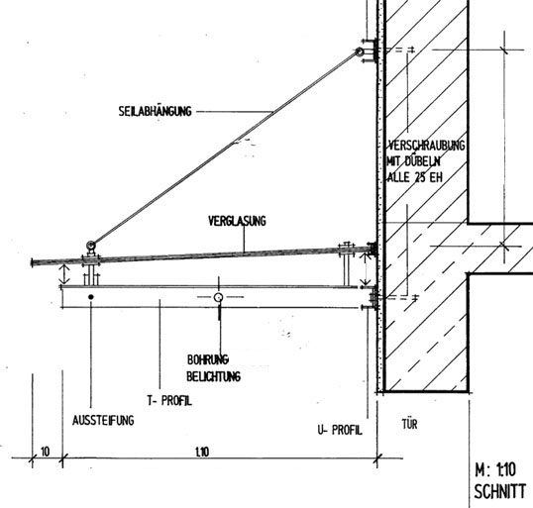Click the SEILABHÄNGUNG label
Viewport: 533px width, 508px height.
coord(155,111)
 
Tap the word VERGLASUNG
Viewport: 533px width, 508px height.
coord(237,221)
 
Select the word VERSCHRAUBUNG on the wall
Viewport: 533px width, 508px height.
coord(426,146)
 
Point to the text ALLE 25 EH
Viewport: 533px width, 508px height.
coord(415,177)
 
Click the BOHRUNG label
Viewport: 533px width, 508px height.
coord(208,359)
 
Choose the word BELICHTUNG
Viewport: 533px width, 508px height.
coord(213,376)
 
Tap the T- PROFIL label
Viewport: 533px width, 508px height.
coord(169,401)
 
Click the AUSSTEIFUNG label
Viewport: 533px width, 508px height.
coord(103,420)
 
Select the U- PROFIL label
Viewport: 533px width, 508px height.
coord(340,430)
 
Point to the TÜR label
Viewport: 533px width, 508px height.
coord(409,424)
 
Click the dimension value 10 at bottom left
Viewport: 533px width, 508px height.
coord(45,452)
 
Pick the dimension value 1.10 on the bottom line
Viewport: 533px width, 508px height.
coord(202,452)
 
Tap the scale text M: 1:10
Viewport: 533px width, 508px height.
coord(495,470)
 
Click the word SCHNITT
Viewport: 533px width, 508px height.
coord(499,491)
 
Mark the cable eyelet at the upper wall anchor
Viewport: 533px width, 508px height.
coord(360,52)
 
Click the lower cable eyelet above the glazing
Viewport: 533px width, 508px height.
coord(90,245)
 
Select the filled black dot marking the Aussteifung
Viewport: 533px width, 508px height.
coord(91,297)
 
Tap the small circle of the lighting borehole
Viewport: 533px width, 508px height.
coord(218,297)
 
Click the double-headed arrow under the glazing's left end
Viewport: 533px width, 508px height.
coord(64,274)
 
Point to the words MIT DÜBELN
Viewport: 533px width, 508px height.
coord(413,161)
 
